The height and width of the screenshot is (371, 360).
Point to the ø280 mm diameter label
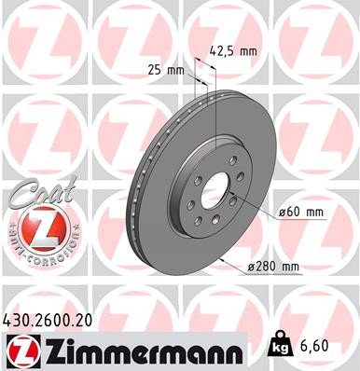277,268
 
